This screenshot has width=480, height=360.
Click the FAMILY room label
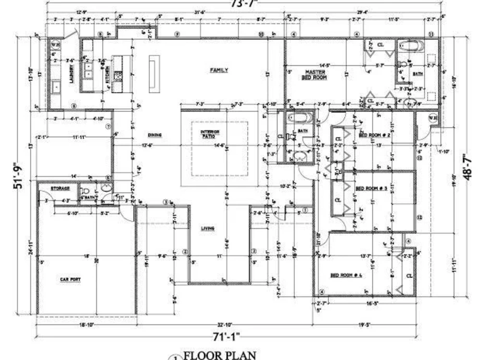click(219, 71)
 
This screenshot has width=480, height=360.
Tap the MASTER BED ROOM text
click(314, 74)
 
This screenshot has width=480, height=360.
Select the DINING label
click(155, 135)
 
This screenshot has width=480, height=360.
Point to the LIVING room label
click(207, 228)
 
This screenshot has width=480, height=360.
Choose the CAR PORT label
click(71, 279)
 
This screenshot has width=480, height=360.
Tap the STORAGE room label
click(60, 189)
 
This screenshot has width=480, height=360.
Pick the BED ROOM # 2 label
click(373, 135)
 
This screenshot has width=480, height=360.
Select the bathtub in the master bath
click(412, 46)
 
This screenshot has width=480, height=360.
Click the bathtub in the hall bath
click(299, 118)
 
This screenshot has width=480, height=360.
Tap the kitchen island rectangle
click(154, 74)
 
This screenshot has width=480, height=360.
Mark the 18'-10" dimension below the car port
click(86, 325)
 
